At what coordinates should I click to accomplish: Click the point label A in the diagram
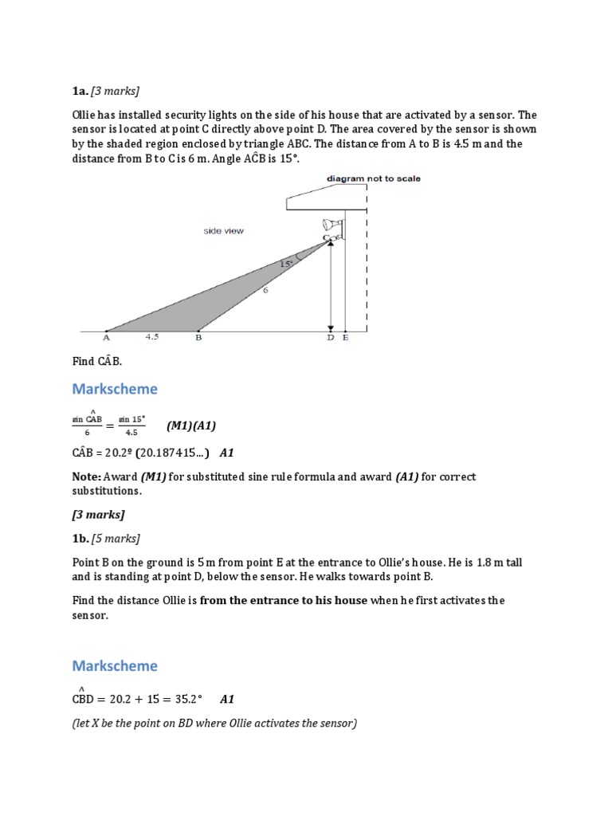coord(106,338)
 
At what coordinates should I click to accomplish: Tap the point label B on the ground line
coord(198,338)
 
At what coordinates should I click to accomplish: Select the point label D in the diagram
coord(331,338)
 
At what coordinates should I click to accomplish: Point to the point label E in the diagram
coord(344,338)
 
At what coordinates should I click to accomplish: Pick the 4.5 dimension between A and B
coord(152,337)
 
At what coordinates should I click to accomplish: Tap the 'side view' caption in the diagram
coord(223,231)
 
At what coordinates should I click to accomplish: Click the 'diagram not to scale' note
coord(374,178)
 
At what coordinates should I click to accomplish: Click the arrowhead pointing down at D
coord(330,327)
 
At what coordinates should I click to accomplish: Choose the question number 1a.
coord(80,90)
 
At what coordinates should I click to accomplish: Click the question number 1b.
coord(80,538)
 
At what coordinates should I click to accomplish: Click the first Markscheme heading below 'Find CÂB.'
coord(115,389)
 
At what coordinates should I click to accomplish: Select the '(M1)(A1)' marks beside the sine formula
coord(191,426)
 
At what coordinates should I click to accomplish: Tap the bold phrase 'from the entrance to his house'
coord(284,600)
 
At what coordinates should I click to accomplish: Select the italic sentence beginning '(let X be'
coord(214,723)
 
